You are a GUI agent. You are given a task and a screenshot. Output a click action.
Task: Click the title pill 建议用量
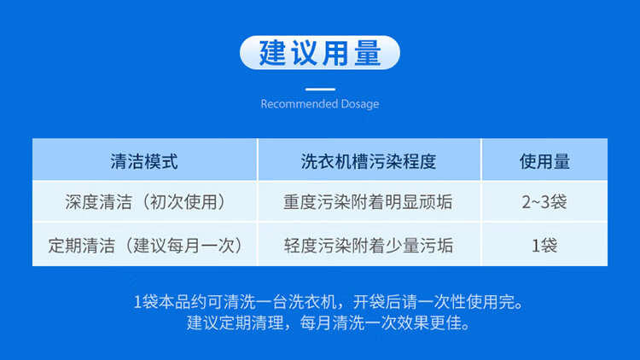coord(320,53)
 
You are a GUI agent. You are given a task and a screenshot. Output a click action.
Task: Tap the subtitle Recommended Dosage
coord(320,104)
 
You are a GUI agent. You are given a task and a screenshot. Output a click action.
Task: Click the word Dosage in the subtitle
coord(360,104)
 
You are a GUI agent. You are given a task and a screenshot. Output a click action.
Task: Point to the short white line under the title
coord(320,89)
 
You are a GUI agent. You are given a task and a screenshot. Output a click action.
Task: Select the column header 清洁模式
coord(144,161)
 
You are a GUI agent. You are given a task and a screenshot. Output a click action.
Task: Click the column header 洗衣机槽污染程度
coord(369,161)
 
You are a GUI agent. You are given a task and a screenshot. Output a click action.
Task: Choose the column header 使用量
coord(544,161)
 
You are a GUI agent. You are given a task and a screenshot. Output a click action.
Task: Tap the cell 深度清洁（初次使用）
coord(145,202)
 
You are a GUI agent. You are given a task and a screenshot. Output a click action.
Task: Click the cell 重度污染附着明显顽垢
coord(368,202)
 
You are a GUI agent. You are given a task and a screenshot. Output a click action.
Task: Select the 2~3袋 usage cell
coord(544,202)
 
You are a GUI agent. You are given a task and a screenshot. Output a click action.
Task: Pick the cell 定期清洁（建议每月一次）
coord(145,246)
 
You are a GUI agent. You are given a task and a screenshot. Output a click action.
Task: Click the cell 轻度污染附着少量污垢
coord(369,246)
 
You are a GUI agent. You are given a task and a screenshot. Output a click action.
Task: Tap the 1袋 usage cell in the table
coord(544,246)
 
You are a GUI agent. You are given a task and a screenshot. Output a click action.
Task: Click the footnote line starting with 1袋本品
coord(329,302)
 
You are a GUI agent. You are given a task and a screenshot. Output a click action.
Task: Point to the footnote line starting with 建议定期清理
coord(329,322)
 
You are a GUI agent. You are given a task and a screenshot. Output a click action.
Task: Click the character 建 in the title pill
coord(273,53)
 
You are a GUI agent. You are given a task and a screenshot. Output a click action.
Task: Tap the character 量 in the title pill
coord(368,53)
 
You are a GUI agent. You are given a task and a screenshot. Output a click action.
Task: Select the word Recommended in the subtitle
coord(300,104)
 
